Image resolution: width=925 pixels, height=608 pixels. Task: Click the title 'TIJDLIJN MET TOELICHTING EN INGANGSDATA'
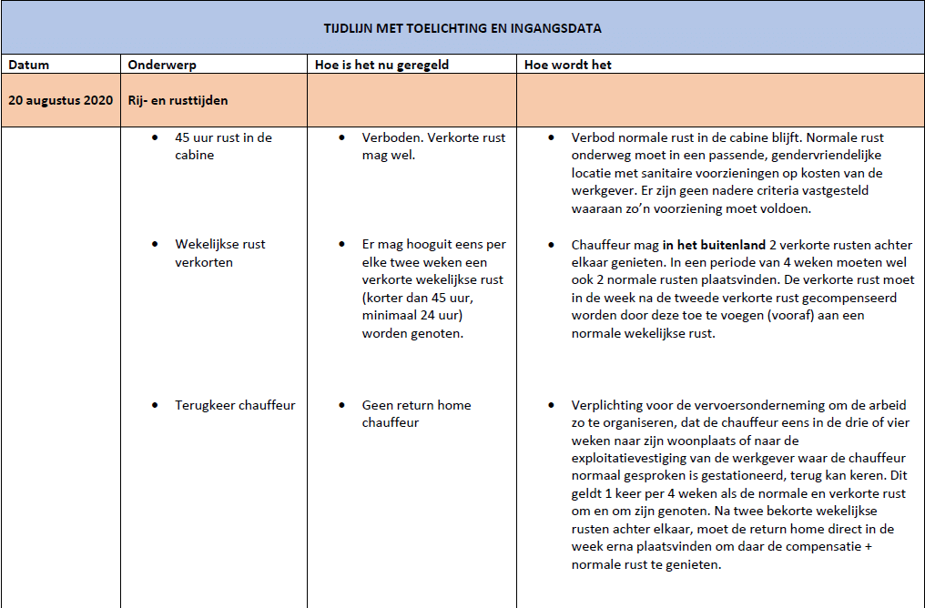[462, 28]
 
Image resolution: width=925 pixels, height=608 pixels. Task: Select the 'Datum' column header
[29, 65]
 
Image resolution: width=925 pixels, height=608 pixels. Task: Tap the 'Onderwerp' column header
[162, 65]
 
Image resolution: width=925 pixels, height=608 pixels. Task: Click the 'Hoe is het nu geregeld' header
[381, 65]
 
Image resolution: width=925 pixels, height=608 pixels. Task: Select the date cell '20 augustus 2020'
[61, 100]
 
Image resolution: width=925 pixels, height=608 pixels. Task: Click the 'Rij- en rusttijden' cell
[178, 100]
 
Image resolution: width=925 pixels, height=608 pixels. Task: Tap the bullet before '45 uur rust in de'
[155, 137]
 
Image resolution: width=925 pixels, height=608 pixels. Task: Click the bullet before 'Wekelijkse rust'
[155, 244]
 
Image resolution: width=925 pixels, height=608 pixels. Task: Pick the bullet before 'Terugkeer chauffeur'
[155, 405]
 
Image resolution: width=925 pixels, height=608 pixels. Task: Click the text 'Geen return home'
[416, 405]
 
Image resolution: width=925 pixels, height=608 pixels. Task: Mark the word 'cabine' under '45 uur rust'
[195, 156]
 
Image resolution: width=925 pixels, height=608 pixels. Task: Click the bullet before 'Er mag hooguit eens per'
[341, 244]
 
